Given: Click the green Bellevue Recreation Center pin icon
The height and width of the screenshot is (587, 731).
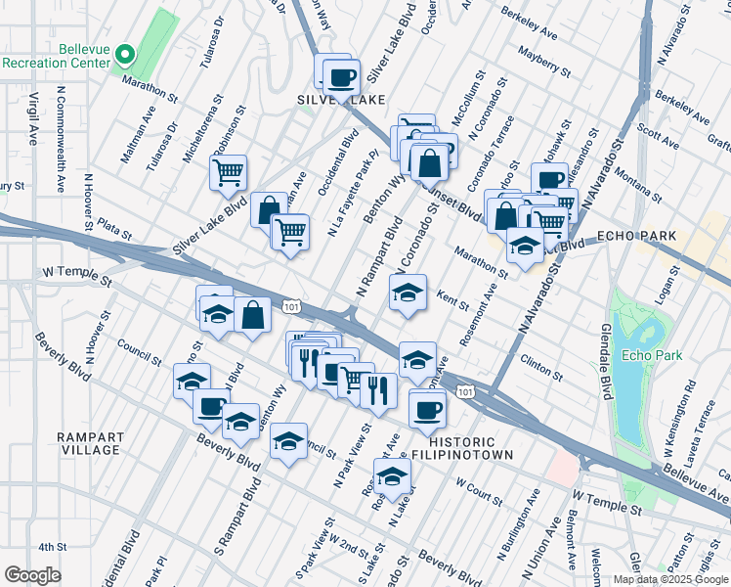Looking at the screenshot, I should [x=123, y=54].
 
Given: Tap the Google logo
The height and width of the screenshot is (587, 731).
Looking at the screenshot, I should [x=33, y=574].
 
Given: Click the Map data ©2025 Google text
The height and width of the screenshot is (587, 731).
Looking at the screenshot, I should [x=669, y=578].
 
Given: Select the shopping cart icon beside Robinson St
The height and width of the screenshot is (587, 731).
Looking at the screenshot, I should [x=228, y=173].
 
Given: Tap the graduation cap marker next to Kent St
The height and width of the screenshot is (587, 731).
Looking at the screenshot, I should [x=408, y=291].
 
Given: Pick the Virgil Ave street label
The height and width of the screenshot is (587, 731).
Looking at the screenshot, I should [x=32, y=113].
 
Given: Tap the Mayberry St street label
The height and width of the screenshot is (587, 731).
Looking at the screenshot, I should [x=545, y=60].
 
